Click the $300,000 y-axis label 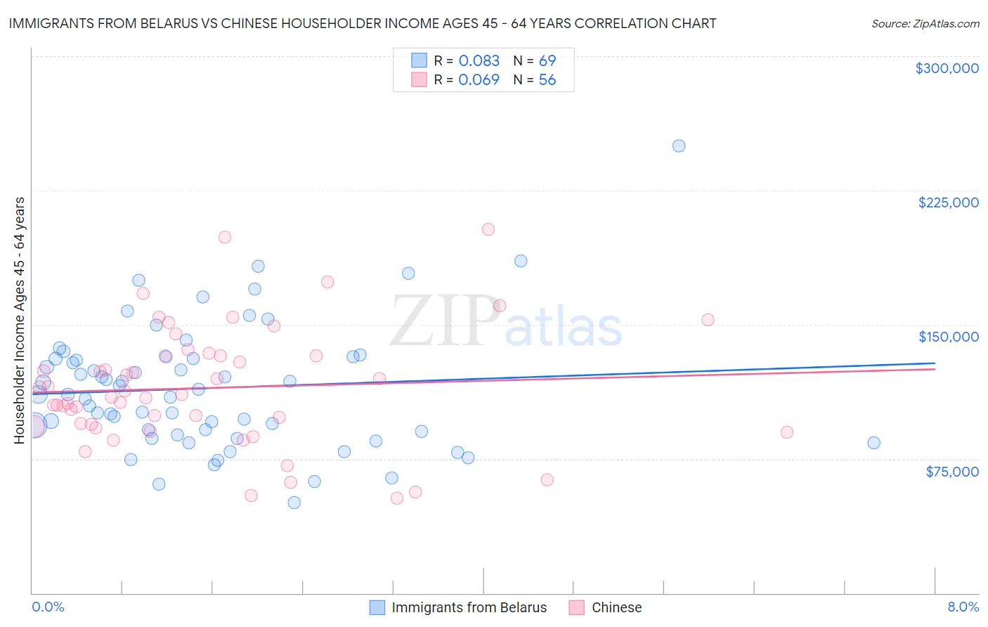click(x=947, y=68)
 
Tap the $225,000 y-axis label click(x=948, y=202)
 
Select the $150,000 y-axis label click(x=948, y=337)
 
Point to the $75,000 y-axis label click(x=951, y=472)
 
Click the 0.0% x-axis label click(x=48, y=607)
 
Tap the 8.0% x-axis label click(x=963, y=607)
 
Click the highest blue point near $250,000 click(x=679, y=146)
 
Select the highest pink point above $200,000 click(x=488, y=229)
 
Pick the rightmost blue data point click(x=873, y=443)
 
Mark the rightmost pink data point click(x=787, y=432)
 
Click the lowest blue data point click(x=294, y=503)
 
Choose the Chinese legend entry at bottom click(x=616, y=607)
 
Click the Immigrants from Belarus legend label click(x=469, y=607)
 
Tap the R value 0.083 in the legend click(x=479, y=61)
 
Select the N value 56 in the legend click(x=547, y=80)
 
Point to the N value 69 click(x=547, y=61)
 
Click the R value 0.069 click(x=479, y=80)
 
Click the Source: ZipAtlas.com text click(x=925, y=24)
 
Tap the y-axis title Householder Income click(x=19, y=321)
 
